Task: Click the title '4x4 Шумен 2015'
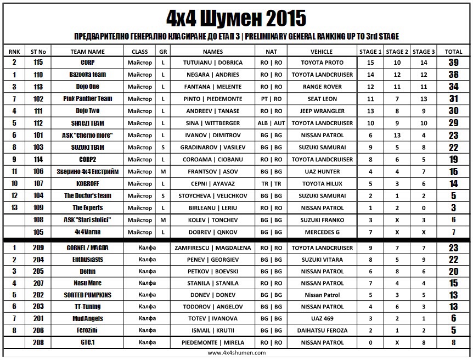click(x=236, y=18)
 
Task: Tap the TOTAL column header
click(x=453, y=51)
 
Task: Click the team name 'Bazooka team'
click(x=88, y=75)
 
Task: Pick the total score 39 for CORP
click(x=453, y=63)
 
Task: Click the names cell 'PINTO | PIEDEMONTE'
click(x=213, y=99)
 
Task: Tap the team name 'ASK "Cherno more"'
click(x=88, y=135)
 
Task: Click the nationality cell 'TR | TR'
click(x=271, y=184)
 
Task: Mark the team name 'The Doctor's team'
click(x=88, y=196)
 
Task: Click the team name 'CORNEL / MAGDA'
click(x=88, y=248)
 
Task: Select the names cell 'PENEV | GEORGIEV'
click(x=213, y=260)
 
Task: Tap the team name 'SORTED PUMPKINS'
click(x=88, y=295)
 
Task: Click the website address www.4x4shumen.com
click(x=236, y=353)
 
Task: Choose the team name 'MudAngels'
click(x=88, y=318)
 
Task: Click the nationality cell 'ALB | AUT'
click(x=271, y=123)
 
